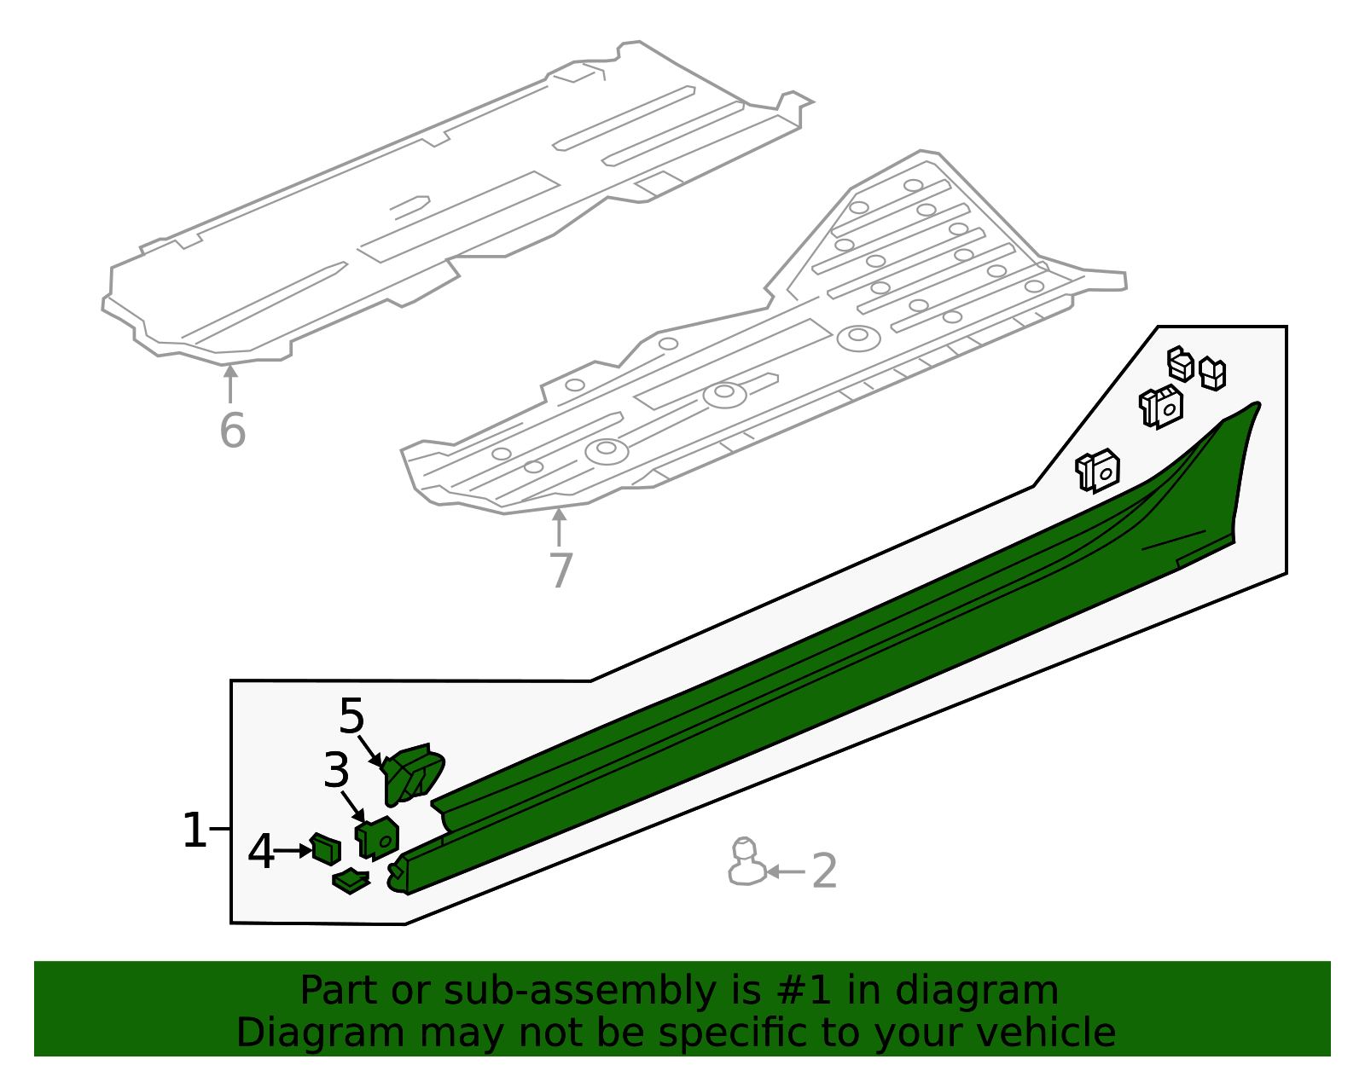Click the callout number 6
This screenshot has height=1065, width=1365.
[232, 430]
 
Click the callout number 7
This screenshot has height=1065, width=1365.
[561, 570]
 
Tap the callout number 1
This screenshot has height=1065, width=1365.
[195, 831]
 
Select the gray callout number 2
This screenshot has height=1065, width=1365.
[824, 871]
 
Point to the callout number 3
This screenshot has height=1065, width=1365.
[336, 771]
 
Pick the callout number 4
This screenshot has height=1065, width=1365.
[261, 851]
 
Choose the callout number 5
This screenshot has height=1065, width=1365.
[351, 716]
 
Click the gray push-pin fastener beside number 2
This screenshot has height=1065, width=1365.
[746, 863]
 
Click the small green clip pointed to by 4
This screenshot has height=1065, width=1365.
[326, 849]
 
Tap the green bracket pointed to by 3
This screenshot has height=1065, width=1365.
[377, 837]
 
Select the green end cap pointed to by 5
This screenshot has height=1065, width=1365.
[413, 774]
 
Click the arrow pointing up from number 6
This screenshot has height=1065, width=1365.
[229, 383]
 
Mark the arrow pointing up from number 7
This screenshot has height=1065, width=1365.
[559, 526]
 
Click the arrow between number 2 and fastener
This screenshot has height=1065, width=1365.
[786, 871]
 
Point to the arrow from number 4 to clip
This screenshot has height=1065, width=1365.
[293, 850]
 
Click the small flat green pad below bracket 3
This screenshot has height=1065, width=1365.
[351, 881]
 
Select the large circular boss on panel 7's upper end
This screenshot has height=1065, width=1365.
[858, 338]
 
